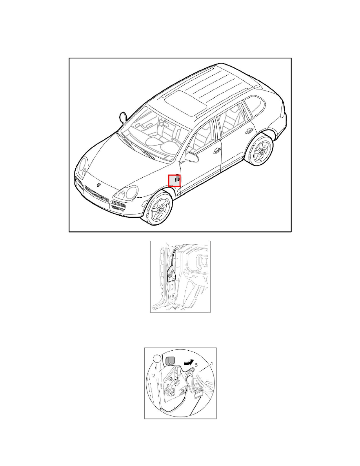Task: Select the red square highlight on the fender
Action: (175, 181)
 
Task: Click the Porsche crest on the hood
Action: (98, 185)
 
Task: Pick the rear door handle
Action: (249, 131)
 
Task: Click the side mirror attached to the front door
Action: (192, 157)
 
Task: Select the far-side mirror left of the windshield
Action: (123, 117)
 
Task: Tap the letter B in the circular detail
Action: (196, 365)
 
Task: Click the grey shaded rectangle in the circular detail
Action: (170, 361)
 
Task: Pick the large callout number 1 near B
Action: (211, 364)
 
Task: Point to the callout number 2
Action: (154, 375)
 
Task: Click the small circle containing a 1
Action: (156, 359)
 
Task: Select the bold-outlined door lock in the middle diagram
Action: (171, 274)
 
